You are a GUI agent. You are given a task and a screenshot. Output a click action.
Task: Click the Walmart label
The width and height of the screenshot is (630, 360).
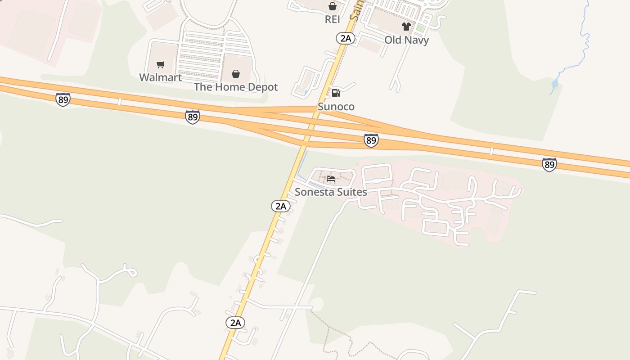160,77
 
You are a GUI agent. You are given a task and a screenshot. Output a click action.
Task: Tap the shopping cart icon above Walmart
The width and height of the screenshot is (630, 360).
161,65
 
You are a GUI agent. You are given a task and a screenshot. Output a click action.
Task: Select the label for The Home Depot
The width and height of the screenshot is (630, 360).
236,87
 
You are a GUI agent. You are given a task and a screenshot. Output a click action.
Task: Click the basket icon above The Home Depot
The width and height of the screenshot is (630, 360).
236,74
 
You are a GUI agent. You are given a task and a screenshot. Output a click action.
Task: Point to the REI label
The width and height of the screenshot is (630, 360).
332,19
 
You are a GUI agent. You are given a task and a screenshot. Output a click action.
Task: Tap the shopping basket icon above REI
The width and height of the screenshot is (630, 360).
332,6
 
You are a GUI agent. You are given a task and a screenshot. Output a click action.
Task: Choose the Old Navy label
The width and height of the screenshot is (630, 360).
406,40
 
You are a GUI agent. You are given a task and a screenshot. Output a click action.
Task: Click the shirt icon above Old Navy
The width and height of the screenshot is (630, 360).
406,27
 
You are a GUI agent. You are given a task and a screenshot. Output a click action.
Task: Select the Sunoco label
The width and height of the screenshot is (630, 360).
336,107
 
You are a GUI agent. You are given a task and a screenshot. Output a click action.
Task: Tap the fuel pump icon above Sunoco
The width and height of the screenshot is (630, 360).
336,93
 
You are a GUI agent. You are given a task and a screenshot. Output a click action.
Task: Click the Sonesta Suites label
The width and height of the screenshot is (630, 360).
331,192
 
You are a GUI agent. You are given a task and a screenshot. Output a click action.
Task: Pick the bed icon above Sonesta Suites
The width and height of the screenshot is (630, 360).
331,179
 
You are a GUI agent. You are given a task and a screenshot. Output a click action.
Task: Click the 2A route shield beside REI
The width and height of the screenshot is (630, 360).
345,38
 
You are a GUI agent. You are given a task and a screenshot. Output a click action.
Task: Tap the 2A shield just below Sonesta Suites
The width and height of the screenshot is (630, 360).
280,206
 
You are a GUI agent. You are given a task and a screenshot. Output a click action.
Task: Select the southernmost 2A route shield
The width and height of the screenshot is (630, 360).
235,322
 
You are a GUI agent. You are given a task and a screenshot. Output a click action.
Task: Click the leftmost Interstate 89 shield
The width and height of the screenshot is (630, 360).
63,99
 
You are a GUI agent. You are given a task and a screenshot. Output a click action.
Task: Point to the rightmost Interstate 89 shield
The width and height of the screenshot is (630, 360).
549,165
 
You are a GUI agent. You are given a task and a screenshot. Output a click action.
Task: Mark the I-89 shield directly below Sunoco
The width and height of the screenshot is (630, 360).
371,140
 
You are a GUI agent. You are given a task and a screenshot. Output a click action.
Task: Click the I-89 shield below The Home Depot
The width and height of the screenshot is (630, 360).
193,117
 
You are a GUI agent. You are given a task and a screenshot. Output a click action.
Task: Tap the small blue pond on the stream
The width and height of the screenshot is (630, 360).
555,83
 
